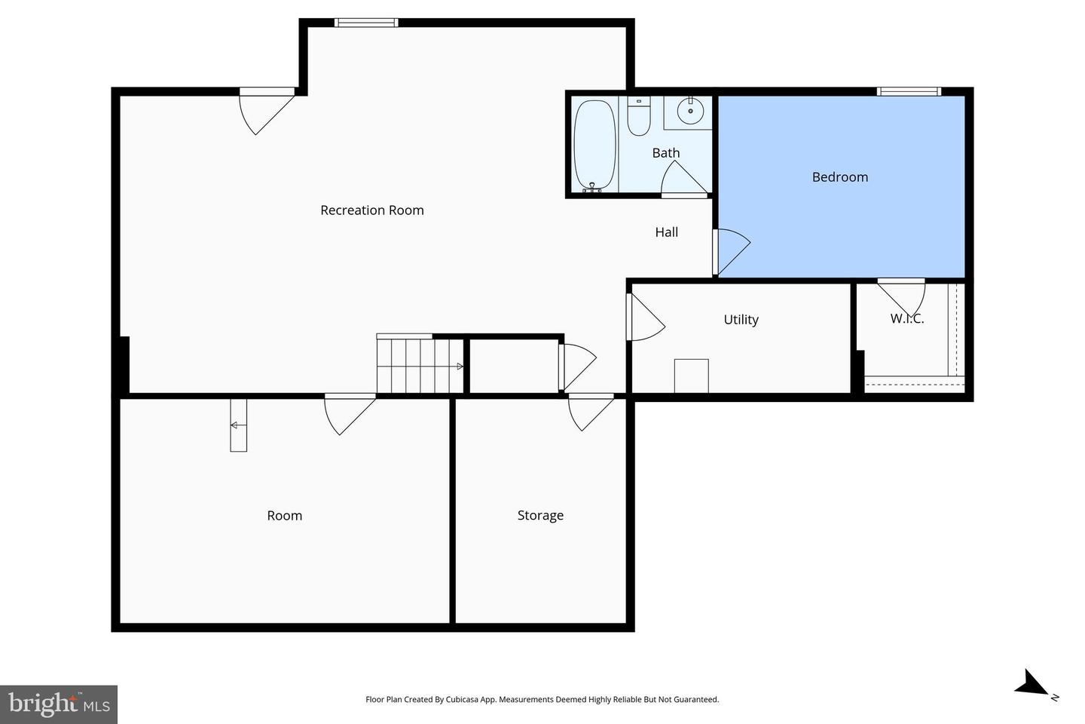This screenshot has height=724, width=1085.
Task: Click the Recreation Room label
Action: [x=371, y=210]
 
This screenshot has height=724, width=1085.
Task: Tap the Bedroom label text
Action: [x=839, y=177]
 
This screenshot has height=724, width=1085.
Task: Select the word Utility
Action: [x=741, y=320]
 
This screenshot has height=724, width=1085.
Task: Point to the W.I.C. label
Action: [x=906, y=319]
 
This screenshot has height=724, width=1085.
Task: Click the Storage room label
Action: [x=540, y=516]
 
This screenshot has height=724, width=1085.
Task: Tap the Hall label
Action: [x=666, y=232]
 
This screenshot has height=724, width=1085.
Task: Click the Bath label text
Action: [x=665, y=153]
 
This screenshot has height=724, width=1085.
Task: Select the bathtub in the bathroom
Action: [x=594, y=144]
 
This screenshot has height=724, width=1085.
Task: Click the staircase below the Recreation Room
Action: [x=420, y=366]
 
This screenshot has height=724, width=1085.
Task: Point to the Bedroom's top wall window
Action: [x=909, y=91]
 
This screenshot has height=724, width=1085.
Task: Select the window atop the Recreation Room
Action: [x=366, y=23]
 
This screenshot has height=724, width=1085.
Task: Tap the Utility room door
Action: [x=644, y=318]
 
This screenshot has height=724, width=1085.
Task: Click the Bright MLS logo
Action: [x=59, y=704]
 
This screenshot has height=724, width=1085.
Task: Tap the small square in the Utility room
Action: [x=691, y=376]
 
